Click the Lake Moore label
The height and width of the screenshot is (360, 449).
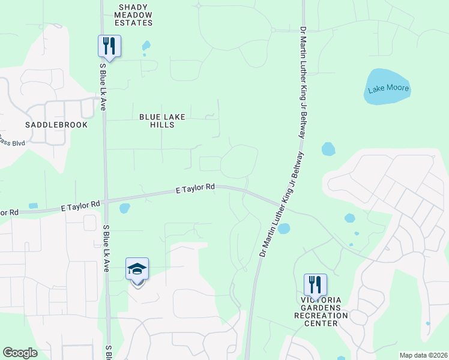tap(388, 89)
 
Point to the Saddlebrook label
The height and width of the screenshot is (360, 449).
tap(56, 125)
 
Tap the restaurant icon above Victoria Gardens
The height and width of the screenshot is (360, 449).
tap(315, 284)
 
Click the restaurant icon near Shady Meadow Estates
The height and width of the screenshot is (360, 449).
tap(109, 46)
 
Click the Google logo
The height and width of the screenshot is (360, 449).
tap(20, 353)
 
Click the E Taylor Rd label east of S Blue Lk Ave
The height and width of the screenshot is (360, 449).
tap(196, 188)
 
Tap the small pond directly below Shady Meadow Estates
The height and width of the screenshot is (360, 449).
tap(146, 46)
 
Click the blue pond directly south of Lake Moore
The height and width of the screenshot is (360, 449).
tap(328, 149)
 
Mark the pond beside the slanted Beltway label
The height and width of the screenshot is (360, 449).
tap(284, 229)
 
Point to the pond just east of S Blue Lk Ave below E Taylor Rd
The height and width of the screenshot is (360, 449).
tap(124, 208)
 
